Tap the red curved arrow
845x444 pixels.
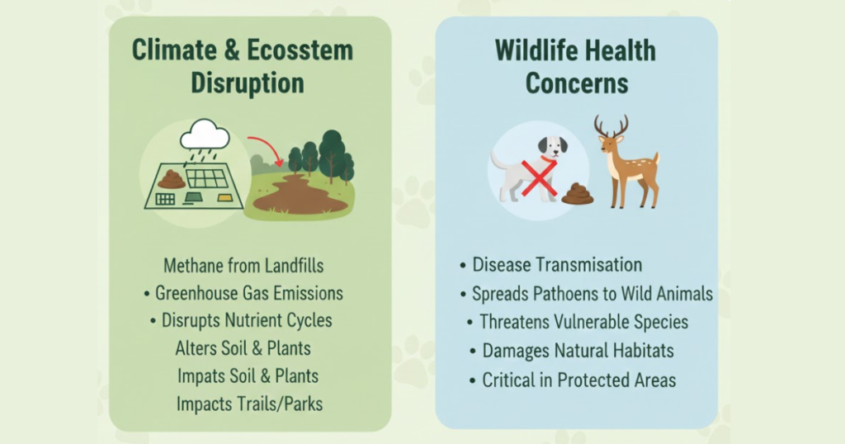pyautogui.click(x=269, y=144)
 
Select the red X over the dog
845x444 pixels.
pyautogui.click(x=539, y=177)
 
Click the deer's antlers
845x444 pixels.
pyautogui.click(x=611, y=125)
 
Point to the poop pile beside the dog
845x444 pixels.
pyautogui.click(x=577, y=194)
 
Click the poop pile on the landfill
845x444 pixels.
pyautogui.click(x=172, y=179)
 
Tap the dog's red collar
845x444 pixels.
pyautogui.click(x=548, y=159)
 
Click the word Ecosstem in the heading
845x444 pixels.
pyautogui.click(x=300, y=50)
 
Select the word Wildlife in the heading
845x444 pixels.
pyautogui.click(x=535, y=50)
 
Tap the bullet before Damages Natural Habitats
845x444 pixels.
pyautogui.click(x=473, y=352)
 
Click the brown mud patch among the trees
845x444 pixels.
pyautogui.click(x=300, y=195)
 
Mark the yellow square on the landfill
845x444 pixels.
pyautogui.click(x=224, y=198)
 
